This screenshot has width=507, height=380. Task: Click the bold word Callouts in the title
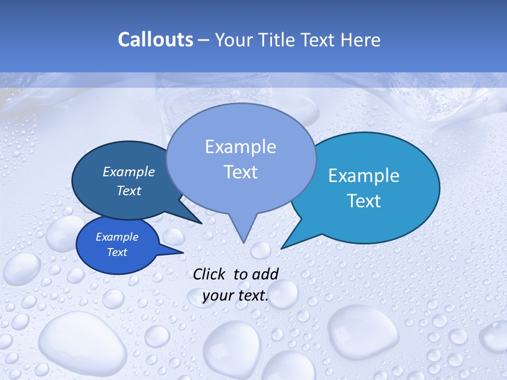(x=155, y=40)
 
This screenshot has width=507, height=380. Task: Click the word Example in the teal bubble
(x=364, y=176)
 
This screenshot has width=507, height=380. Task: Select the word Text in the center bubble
(x=241, y=172)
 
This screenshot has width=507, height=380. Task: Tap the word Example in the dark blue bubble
(x=128, y=172)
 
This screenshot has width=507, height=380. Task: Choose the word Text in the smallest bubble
(x=117, y=252)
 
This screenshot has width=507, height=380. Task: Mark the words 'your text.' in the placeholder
(x=236, y=296)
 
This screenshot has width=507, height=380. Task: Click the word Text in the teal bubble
(x=364, y=201)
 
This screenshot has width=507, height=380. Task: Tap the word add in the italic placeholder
(x=266, y=274)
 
